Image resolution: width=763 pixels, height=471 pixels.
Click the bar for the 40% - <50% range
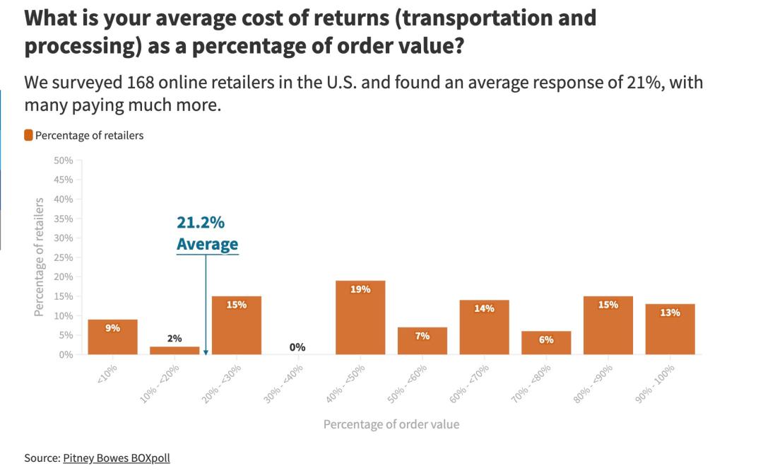360,318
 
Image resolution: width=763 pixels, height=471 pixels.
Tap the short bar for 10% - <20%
175,350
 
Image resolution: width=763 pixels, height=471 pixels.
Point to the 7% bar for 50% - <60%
422,341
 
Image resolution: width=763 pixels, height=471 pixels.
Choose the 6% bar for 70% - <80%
546,342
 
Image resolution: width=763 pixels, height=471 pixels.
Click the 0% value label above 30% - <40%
297,347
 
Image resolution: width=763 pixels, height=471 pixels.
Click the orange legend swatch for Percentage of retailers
28,135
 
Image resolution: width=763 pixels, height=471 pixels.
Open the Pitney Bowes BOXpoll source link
117,458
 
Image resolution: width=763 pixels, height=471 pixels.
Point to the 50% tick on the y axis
63,161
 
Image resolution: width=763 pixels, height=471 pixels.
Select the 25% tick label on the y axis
63,257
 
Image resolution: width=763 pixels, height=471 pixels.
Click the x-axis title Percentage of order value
391,424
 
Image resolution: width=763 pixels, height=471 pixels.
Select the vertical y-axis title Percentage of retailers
40,257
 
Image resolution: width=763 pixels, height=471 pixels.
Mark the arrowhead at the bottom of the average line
206,352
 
